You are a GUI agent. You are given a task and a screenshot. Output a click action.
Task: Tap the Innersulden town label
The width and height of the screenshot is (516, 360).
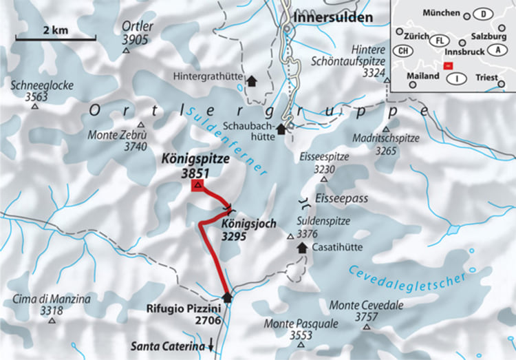(333, 16)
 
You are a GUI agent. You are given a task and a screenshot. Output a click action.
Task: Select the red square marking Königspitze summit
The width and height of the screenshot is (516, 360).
(198, 186)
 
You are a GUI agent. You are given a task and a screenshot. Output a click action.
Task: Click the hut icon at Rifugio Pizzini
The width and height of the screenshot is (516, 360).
(228, 297)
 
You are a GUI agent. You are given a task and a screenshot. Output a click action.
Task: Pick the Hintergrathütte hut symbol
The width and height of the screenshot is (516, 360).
(251, 80)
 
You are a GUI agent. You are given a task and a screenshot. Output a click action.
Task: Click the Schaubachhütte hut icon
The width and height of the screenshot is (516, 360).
(281, 129)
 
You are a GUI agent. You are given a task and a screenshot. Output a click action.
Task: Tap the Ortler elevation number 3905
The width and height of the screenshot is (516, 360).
(135, 40)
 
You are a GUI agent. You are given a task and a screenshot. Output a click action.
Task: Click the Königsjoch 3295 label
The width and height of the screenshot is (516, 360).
(250, 229)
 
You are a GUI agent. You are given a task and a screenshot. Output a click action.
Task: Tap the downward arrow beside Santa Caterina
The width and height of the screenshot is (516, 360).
(211, 346)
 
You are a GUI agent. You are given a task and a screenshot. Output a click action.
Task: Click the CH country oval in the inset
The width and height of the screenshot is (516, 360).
(402, 51)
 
